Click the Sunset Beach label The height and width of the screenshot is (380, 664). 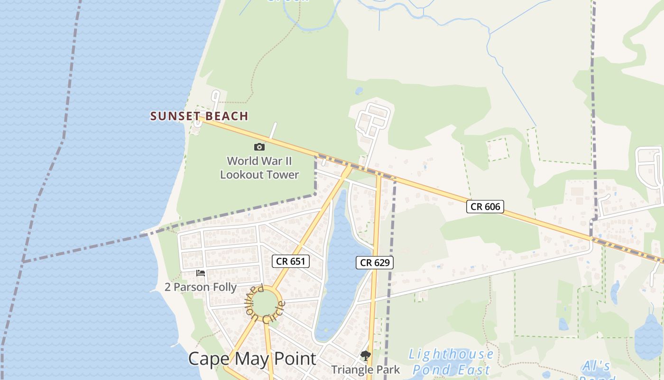click(199, 116)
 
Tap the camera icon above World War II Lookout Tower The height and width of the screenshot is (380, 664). click(259, 147)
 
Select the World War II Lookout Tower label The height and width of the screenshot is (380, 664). click(259, 168)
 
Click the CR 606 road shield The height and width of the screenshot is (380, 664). click(485, 206)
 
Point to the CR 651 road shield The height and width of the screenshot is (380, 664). click(291, 261)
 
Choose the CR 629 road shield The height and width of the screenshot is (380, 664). click(375, 263)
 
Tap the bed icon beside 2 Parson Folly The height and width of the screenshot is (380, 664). click(201, 273)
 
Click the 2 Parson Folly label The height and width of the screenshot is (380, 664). click(201, 287)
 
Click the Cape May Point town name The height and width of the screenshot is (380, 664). click(252, 359)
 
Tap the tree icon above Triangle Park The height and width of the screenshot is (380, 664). click(365, 356)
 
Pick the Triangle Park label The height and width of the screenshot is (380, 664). click(365, 370)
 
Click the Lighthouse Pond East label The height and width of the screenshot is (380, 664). click(451, 362)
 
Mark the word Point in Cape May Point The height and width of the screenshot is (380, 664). click(295, 359)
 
